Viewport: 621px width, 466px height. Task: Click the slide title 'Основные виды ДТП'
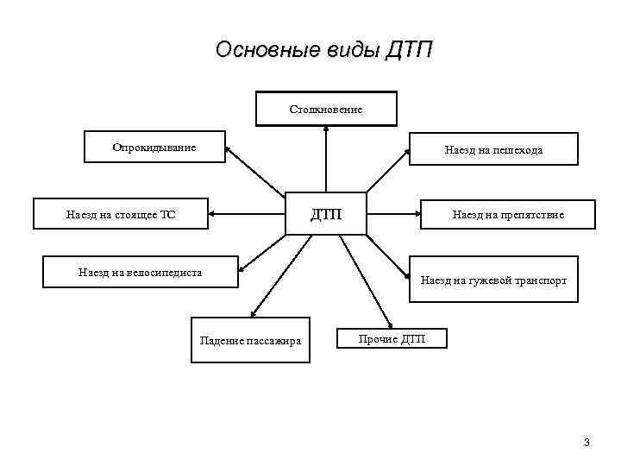[323, 50]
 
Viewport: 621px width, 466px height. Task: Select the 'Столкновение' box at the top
[326, 109]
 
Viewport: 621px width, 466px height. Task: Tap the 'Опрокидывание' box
[154, 147]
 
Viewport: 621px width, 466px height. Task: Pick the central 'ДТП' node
[326, 213]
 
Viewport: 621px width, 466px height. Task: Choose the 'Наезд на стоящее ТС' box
[121, 214]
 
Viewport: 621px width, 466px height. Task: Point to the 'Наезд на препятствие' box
[508, 214]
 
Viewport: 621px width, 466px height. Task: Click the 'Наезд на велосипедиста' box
[141, 273]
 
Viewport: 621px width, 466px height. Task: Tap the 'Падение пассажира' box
[250, 340]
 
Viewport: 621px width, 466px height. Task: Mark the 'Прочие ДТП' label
[392, 338]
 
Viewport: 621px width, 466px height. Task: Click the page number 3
[586, 443]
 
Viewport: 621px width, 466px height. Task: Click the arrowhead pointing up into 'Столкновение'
[326, 130]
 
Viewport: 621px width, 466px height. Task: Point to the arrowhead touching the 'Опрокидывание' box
[229, 150]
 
